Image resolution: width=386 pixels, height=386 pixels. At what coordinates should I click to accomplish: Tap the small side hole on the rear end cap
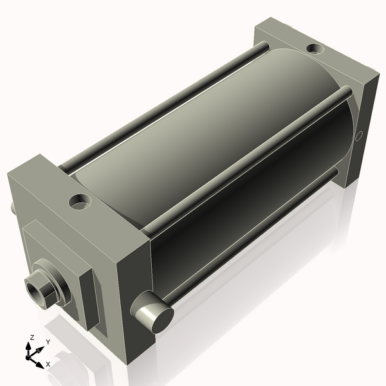point(360,135)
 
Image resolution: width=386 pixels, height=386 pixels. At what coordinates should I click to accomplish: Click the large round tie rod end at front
point(155,316)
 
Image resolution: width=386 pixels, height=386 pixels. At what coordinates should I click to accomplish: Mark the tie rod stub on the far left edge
point(12,208)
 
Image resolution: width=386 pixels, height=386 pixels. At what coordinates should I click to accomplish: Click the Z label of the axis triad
point(32,337)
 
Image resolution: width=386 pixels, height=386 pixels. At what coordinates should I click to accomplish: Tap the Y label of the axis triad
point(48,342)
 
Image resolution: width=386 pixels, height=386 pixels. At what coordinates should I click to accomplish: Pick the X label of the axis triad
point(48,364)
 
